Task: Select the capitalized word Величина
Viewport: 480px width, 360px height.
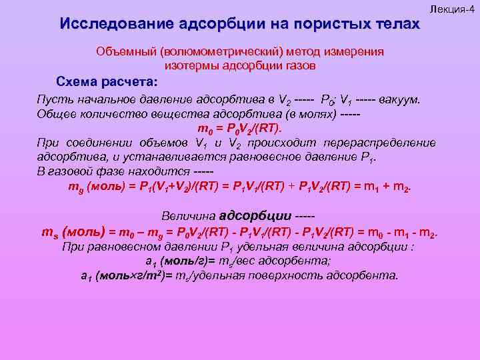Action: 189,216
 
